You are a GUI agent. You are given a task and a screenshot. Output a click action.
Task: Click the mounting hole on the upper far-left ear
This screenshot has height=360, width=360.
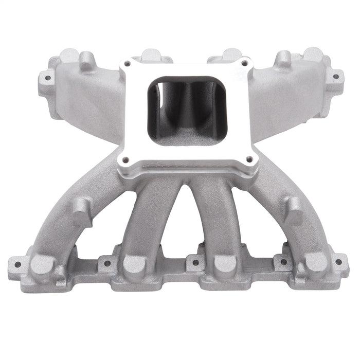tap(47, 78)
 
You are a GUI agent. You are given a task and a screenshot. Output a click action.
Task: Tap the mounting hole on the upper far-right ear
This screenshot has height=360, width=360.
tap(335, 77)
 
